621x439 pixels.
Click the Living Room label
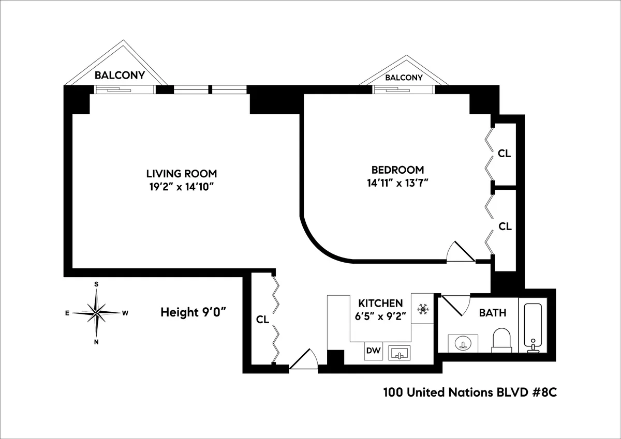(x=181, y=173)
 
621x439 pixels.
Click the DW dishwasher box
(x=374, y=351)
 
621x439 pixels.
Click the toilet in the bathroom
(x=501, y=339)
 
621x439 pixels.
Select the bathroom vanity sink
(x=463, y=342)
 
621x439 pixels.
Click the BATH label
(x=492, y=313)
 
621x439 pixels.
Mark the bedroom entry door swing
(x=460, y=253)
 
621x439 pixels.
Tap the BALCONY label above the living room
(x=119, y=75)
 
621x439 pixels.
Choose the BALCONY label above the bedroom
(x=404, y=78)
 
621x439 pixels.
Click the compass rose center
(x=97, y=312)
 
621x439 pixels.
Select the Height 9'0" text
(x=194, y=312)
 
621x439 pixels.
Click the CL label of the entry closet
(x=262, y=320)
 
